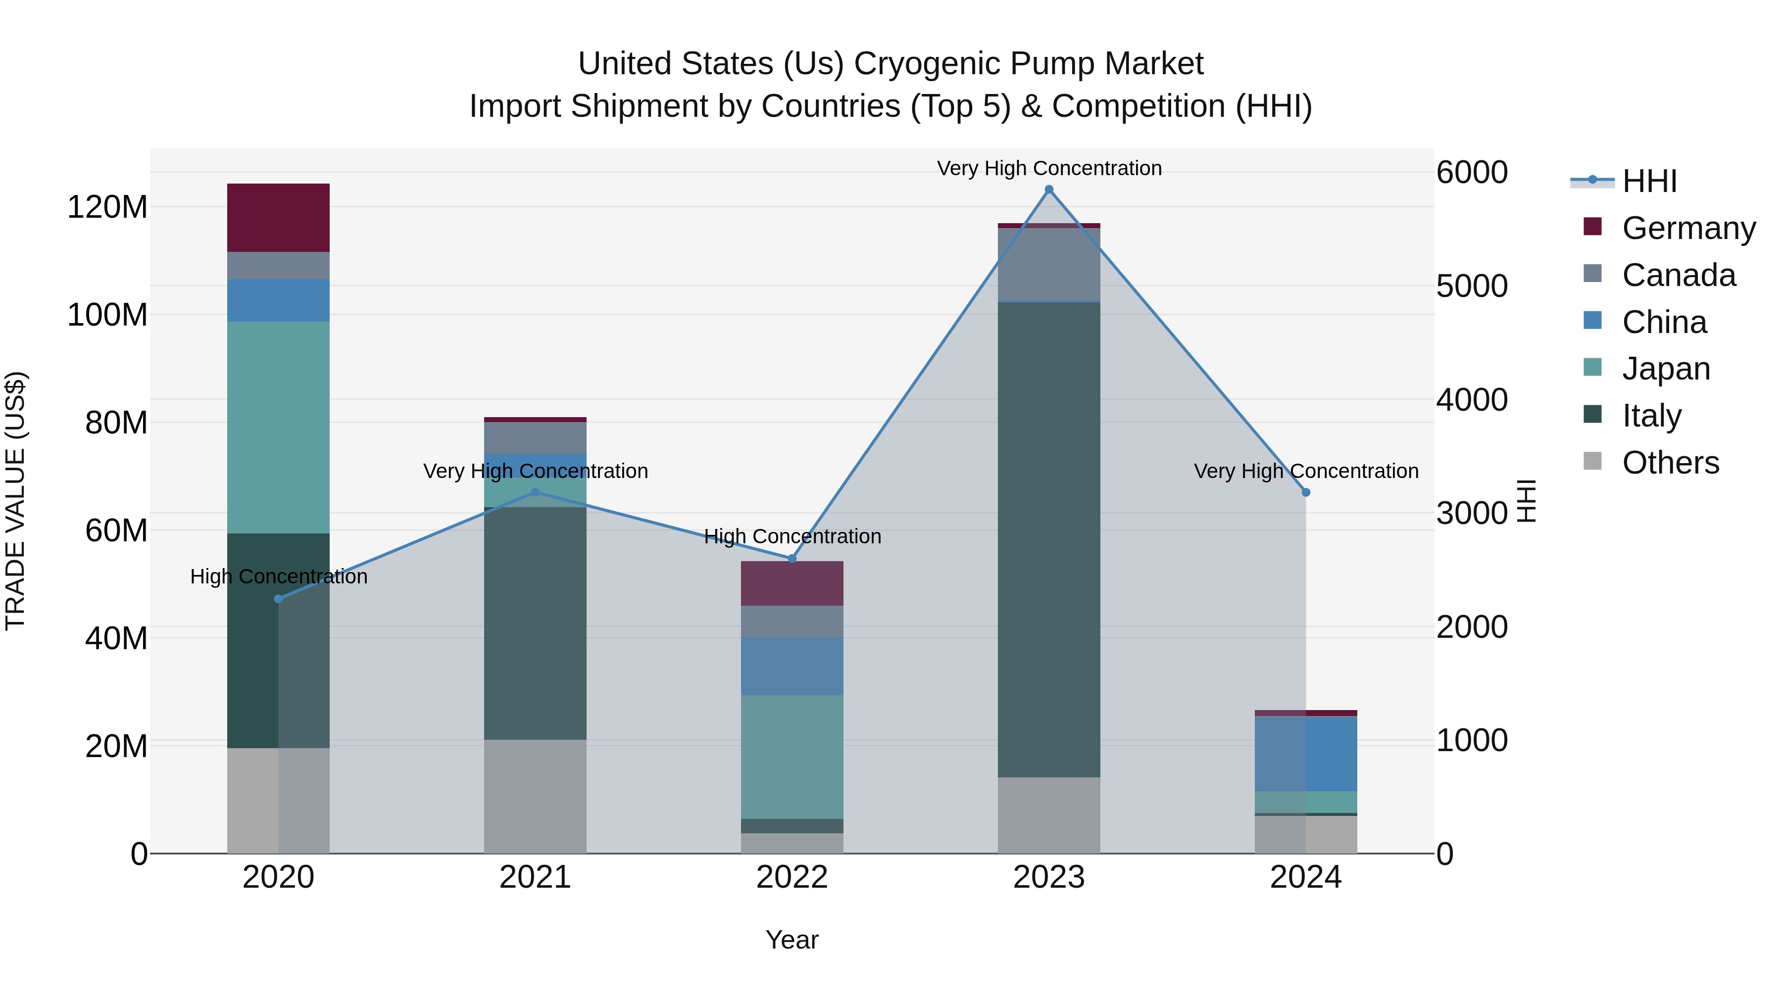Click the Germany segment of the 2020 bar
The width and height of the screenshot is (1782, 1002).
point(278,217)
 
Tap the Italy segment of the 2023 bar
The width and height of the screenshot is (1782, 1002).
point(1049,539)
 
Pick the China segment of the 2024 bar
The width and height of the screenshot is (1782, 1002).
point(1305,753)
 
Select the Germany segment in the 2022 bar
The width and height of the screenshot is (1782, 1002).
point(792,583)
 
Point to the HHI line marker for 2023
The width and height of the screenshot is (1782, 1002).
point(1049,190)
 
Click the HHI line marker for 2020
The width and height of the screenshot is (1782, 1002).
point(278,599)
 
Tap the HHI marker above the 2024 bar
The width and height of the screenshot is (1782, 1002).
point(1305,492)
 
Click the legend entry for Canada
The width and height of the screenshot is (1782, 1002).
point(1678,275)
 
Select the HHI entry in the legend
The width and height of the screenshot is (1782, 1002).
point(1649,181)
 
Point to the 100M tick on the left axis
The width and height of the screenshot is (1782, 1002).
point(107,315)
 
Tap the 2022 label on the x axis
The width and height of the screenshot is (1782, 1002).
point(792,877)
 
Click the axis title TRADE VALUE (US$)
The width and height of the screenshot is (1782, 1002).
point(15,501)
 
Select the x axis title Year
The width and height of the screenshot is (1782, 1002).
point(792,940)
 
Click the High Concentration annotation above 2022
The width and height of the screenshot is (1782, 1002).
point(792,536)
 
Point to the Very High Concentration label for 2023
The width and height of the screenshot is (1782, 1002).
point(1049,168)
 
